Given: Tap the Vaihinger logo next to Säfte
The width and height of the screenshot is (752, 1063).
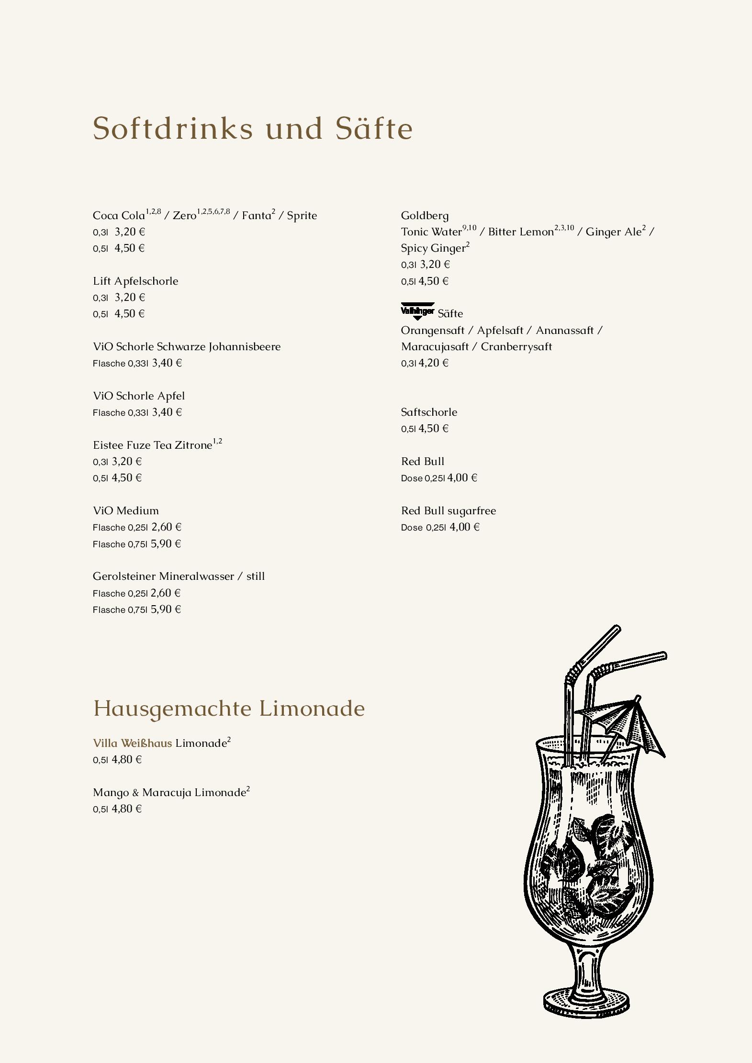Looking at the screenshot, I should (x=417, y=311).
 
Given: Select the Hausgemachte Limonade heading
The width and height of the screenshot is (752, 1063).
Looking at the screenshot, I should (x=228, y=709).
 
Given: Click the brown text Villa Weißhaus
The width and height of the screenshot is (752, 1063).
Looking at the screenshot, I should (x=132, y=743).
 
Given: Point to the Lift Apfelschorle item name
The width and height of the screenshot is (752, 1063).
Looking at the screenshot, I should (x=135, y=281).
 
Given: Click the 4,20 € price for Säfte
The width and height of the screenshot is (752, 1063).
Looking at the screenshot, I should (x=433, y=363).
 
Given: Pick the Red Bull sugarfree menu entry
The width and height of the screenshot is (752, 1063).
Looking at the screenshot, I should (x=448, y=510).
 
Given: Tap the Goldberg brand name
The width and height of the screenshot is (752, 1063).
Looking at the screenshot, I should (x=425, y=215).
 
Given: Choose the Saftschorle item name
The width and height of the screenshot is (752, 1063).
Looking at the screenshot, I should (x=429, y=412).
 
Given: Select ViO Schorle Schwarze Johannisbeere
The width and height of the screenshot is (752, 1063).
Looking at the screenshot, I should (x=187, y=346).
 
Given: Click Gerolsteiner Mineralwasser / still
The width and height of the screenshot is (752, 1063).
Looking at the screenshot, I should (x=179, y=576).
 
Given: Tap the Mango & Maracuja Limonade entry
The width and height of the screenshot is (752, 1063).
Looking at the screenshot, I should (x=169, y=792).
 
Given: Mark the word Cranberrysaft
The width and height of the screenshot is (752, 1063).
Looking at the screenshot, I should (x=516, y=346).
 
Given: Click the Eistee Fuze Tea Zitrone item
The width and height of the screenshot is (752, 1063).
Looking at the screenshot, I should (x=152, y=445).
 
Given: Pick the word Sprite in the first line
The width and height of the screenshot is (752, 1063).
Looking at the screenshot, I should (x=302, y=215).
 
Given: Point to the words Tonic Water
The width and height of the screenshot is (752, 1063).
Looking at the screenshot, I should (x=431, y=232).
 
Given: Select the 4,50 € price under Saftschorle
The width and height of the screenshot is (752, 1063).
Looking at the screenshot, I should (x=433, y=428).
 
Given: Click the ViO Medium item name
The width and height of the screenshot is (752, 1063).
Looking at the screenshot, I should (x=126, y=510).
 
